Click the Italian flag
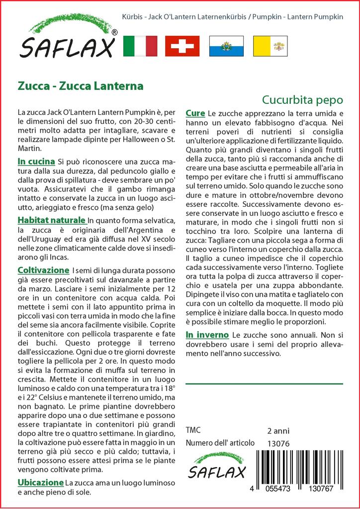[140, 46]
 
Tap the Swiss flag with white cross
[182, 46]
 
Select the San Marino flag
[226, 46]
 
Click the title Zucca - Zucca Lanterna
[81, 85]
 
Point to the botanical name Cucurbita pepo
[302, 98]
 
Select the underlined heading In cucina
[36, 162]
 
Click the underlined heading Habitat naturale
[51, 220]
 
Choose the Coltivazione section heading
[43, 270]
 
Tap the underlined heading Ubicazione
[40, 482]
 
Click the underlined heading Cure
[195, 113]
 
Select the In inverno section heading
[207, 335]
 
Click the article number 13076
[278, 443]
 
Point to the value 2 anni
[278, 430]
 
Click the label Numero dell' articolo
[220, 443]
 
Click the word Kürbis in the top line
[132, 16]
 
